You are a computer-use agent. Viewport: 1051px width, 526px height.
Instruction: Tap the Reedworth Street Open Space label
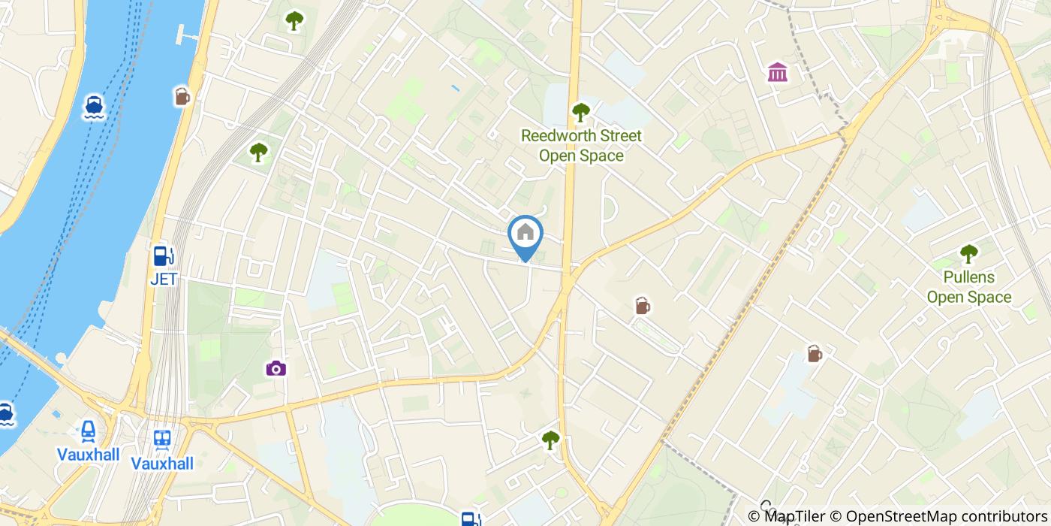(582, 146)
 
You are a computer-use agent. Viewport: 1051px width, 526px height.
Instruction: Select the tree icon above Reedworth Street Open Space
(580, 113)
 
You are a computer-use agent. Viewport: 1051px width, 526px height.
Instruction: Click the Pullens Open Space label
(968, 287)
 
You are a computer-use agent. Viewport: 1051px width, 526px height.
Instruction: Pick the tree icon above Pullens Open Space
(968, 253)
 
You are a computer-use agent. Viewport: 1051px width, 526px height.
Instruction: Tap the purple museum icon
(778, 73)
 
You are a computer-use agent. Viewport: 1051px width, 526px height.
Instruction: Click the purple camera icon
(276, 368)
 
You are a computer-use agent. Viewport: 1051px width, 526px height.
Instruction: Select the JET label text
(164, 280)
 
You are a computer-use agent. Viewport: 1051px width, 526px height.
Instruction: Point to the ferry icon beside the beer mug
(94, 106)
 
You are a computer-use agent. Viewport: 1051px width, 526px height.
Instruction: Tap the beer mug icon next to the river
(182, 96)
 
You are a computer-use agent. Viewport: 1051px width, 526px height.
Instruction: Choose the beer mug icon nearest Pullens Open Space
(815, 353)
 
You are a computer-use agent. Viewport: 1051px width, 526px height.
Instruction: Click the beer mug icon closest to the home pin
(642, 306)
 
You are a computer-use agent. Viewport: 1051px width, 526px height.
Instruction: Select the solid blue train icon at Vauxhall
(162, 439)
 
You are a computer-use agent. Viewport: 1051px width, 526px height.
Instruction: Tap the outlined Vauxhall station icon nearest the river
(89, 431)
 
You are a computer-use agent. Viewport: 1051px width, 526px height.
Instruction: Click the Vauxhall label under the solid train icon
(162, 464)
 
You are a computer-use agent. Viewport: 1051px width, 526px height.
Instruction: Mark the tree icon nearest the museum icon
(580, 113)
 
